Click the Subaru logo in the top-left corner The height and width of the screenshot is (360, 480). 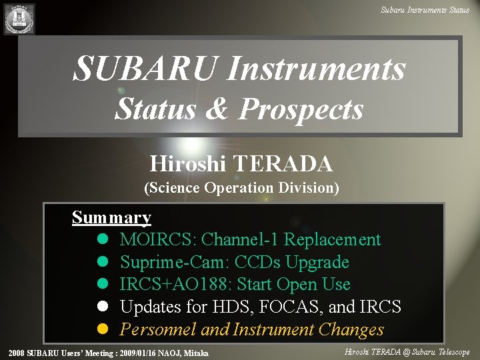coord(19,19)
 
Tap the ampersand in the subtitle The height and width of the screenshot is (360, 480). coord(218,109)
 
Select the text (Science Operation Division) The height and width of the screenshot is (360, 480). coord(241,188)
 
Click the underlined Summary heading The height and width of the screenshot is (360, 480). coord(111,218)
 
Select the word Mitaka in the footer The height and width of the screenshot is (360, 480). coord(194,353)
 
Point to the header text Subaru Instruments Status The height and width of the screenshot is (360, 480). coord(425,9)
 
